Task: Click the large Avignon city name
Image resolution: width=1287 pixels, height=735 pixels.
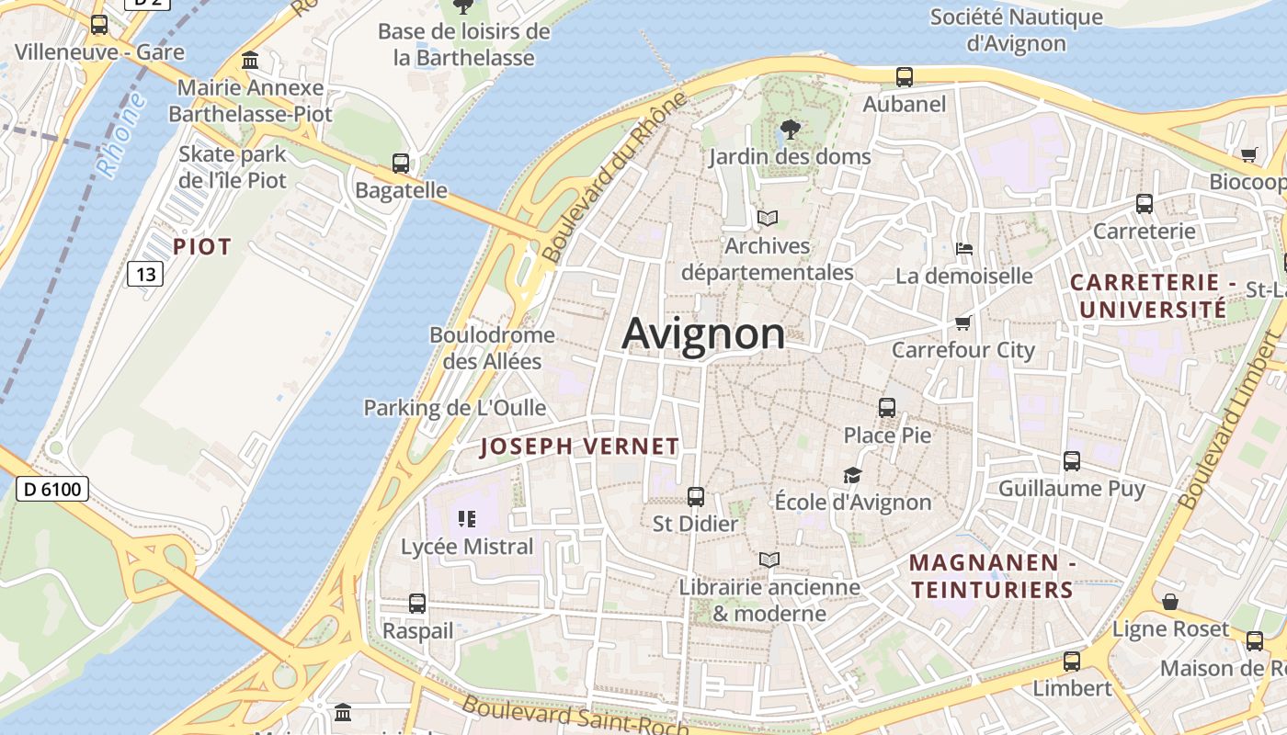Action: point(703,334)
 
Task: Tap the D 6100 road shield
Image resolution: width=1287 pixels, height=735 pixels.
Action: point(52,489)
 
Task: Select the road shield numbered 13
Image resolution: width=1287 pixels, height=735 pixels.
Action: point(144,273)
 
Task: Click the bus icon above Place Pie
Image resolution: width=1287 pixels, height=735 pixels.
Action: point(887,407)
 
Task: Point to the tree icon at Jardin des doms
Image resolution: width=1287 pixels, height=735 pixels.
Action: point(790,130)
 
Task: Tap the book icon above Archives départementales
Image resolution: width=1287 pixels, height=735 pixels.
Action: point(768,219)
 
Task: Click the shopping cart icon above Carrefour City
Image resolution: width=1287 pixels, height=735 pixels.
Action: point(963,322)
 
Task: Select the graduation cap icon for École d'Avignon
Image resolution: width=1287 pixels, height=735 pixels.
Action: point(852,475)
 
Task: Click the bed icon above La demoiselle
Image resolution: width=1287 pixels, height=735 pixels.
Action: point(964,248)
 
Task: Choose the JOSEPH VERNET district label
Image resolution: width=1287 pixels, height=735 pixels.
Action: point(580,447)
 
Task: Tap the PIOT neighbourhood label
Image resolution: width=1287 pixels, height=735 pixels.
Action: point(202,246)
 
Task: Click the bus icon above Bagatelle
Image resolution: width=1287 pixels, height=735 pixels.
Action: point(401,164)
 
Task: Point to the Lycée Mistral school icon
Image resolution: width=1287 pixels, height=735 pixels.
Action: point(467,519)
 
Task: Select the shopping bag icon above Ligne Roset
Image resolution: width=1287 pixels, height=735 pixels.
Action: point(1170,602)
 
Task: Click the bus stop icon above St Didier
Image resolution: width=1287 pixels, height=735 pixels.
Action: point(696,497)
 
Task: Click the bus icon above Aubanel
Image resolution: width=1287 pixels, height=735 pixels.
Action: point(905,77)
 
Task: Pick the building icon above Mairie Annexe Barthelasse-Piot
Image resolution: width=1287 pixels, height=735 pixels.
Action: point(250,61)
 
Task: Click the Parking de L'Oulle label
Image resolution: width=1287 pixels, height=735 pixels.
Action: point(455,407)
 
